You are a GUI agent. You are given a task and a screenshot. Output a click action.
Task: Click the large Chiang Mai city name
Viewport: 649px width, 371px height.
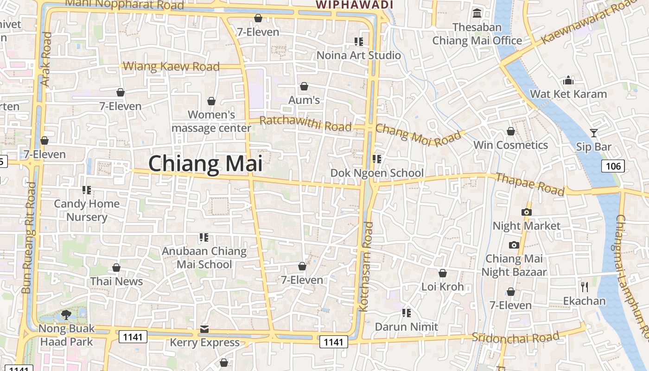[x=205, y=164]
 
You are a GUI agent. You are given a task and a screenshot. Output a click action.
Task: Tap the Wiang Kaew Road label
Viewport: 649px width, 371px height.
[x=171, y=66]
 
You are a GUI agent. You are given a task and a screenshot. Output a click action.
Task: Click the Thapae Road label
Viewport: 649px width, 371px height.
[x=530, y=184]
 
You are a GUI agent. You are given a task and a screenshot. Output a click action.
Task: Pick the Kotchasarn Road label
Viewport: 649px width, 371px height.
[x=366, y=266]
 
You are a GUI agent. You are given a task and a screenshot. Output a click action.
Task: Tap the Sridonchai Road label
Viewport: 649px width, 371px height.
[x=515, y=337]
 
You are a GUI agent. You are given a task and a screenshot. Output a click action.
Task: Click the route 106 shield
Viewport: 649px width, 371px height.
[x=613, y=166]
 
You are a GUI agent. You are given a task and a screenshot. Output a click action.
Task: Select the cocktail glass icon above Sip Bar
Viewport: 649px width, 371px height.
[x=594, y=133]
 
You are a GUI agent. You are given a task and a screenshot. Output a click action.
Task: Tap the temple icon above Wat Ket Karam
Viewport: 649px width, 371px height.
[x=568, y=80]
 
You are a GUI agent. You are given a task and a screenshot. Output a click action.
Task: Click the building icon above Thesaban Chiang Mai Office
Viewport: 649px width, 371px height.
[x=477, y=13]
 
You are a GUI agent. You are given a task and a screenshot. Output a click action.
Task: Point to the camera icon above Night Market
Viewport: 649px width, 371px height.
[x=526, y=212]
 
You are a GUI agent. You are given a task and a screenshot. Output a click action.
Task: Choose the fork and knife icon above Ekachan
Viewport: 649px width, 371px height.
[x=584, y=287]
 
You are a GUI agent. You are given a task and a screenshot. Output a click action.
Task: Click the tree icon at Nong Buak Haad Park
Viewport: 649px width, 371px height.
[x=66, y=315]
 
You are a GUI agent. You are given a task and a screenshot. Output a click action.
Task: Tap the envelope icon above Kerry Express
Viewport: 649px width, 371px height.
[x=204, y=329]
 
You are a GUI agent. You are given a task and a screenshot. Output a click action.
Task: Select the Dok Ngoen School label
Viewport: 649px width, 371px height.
[x=377, y=173]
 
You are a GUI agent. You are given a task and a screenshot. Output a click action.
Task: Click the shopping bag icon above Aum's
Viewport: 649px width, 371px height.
[x=304, y=86]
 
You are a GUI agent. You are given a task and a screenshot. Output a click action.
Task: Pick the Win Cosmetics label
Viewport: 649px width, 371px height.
[x=510, y=145]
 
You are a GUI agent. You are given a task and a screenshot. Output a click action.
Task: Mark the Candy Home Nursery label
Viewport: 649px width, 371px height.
[x=87, y=210]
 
